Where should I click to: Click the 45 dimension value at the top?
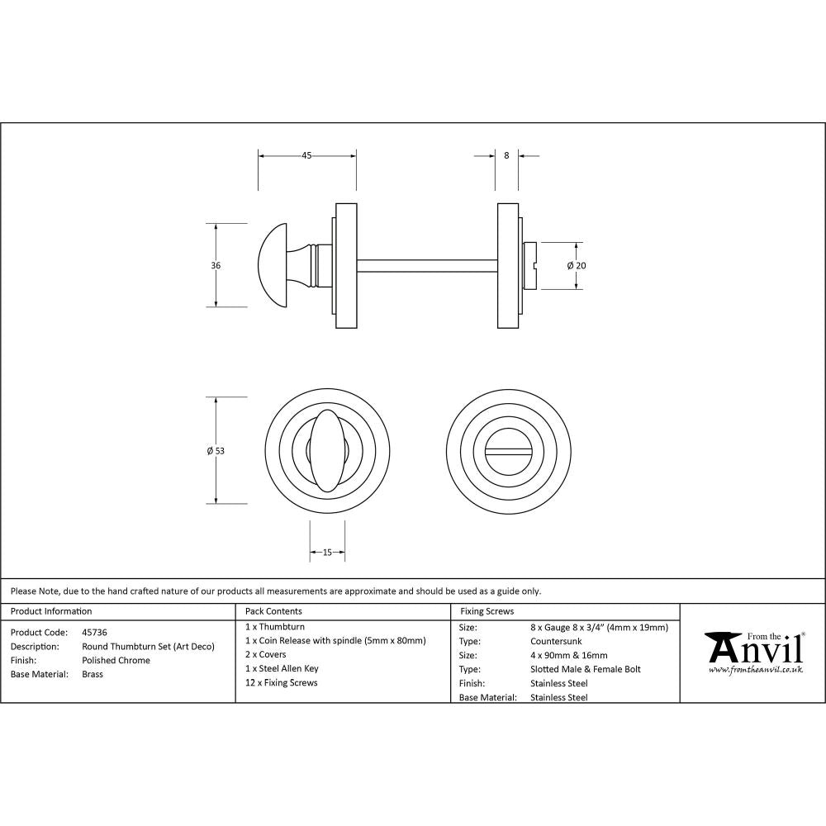click(306, 154)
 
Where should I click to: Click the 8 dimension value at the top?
click(506, 154)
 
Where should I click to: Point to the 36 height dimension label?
click(216, 265)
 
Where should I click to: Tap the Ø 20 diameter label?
click(577, 265)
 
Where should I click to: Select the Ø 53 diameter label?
click(216, 450)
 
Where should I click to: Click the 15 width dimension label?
click(327, 553)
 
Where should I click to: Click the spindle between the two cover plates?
click(426, 265)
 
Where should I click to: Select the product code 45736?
click(94, 632)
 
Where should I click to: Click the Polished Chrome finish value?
click(116, 661)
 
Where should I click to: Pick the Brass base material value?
click(93, 675)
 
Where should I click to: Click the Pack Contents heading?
click(273, 612)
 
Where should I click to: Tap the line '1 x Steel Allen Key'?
click(282, 668)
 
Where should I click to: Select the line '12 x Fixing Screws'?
click(282, 683)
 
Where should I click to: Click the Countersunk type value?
click(558, 641)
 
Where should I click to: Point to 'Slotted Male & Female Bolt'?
click(585, 669)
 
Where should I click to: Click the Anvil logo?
click(753, 652)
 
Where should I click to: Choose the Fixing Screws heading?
click(487, 612)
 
